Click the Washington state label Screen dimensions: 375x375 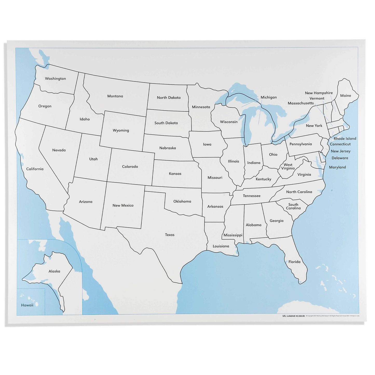(55, 79)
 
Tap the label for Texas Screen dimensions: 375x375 (170, 235)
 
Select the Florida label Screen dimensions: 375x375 (294, 262)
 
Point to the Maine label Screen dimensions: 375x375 (345, 96)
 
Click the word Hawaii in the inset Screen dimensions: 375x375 (27, 305)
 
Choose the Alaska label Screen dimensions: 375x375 (54, 271)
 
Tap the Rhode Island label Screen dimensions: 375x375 (345, 139)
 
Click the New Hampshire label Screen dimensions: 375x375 (319, 93)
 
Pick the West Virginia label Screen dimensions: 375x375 (288, 167)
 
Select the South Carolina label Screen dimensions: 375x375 (293, 206)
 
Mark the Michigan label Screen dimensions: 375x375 (269, 97)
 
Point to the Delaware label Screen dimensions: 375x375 (340, 158)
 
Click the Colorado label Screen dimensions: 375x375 (130, 167)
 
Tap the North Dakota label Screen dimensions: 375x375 (169, 98)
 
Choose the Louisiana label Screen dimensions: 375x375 (221, 246)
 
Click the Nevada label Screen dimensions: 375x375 (59, 150)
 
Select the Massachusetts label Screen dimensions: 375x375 (301, 103)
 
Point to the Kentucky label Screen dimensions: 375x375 (263, 179)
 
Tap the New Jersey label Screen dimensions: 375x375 (340, 151)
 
